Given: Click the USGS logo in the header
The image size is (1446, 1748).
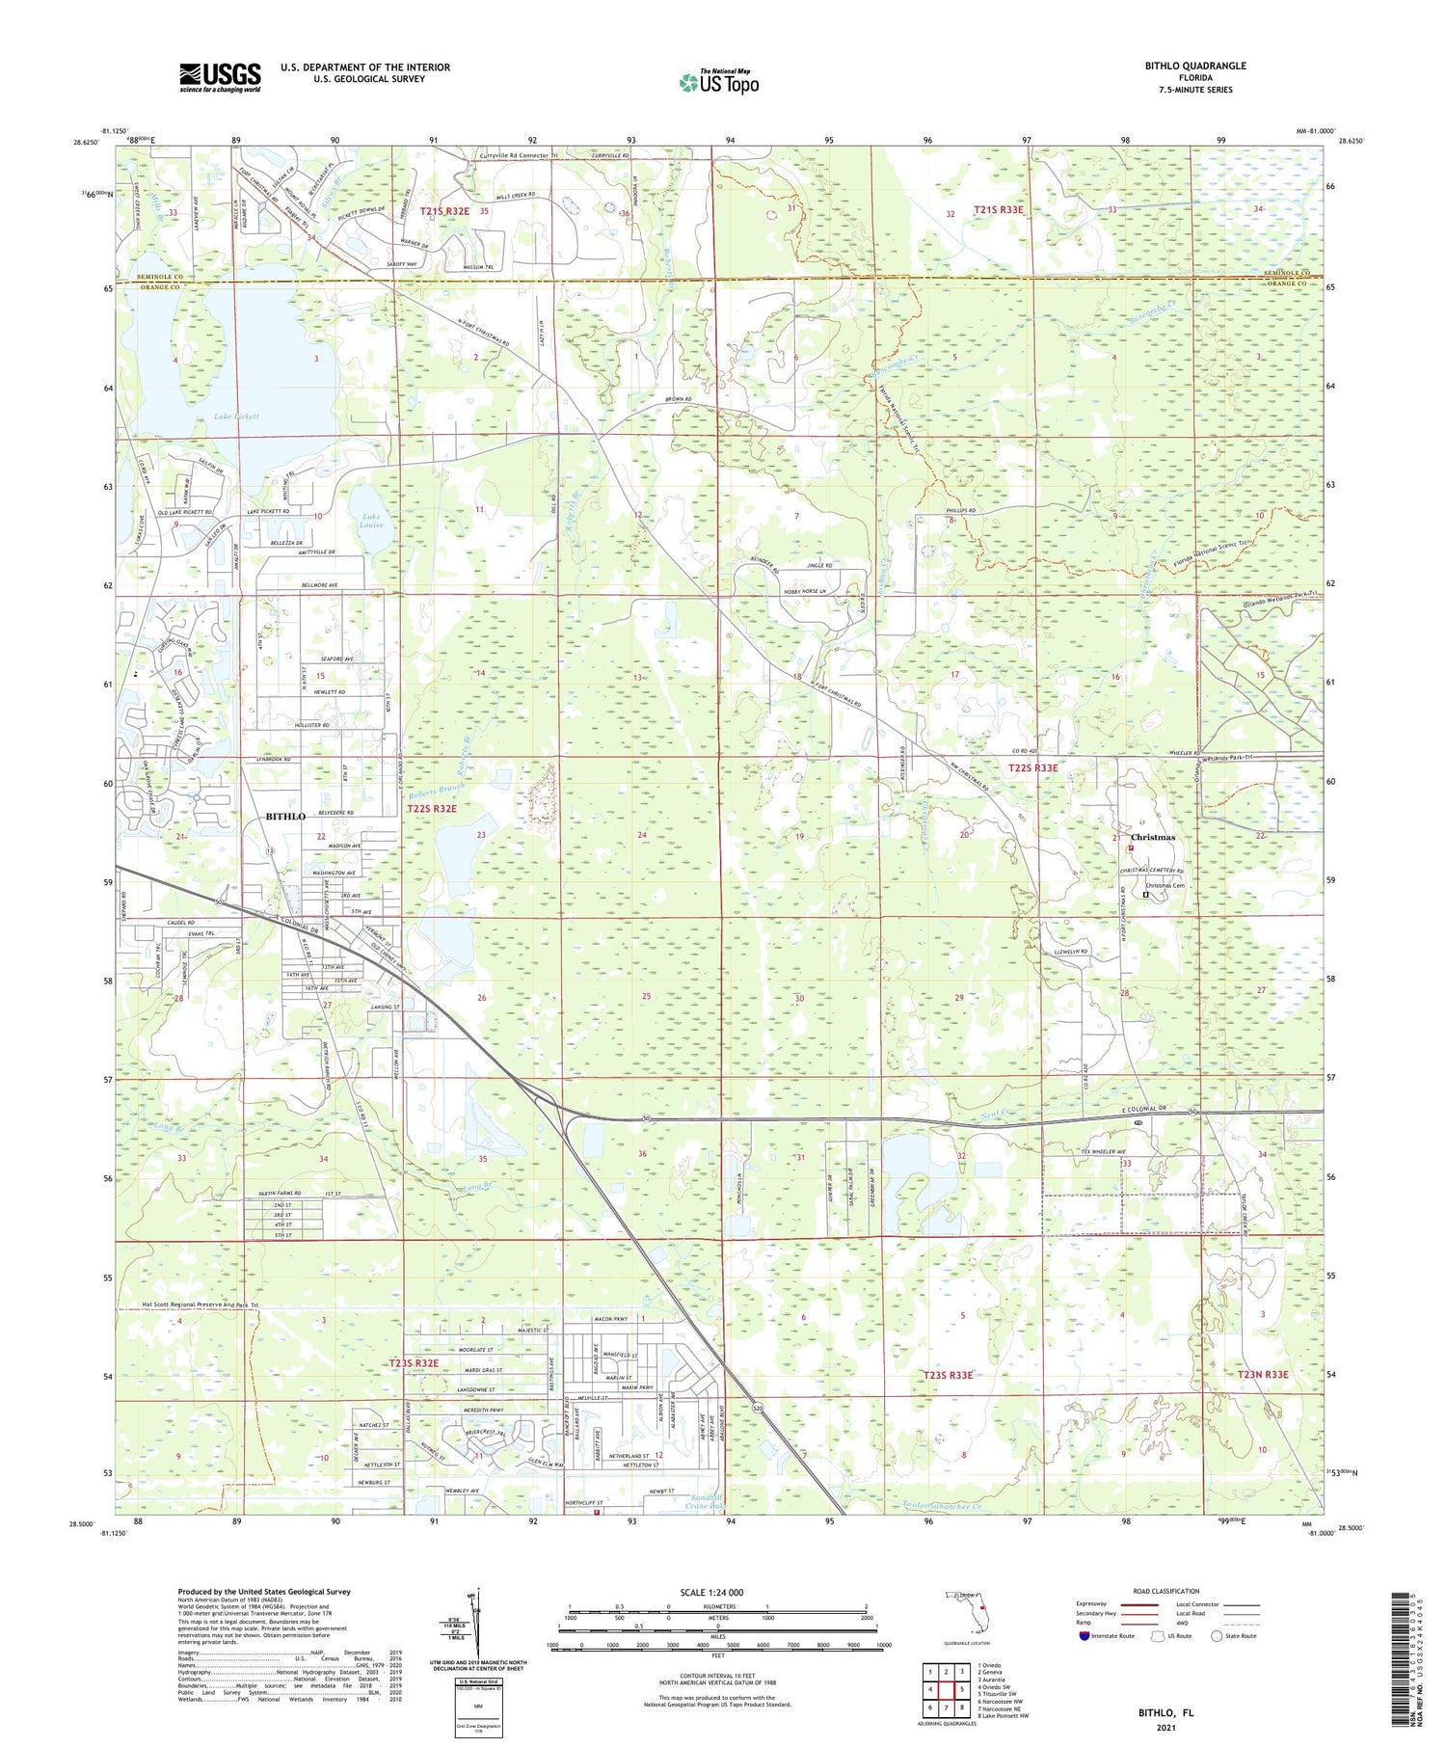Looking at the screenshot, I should (x=219, y=77).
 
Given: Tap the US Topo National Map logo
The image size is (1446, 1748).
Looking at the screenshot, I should (x=718, y=82).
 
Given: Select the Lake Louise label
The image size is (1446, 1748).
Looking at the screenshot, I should (x=371, y=522).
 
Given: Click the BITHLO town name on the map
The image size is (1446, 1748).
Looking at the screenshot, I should (x=285, y=817).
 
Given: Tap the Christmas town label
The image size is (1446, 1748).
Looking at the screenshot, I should (x=1153, y=837).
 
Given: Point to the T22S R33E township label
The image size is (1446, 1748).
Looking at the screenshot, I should (x=1032, y=767).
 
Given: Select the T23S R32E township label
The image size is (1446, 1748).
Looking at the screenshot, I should (x=414, y=1363).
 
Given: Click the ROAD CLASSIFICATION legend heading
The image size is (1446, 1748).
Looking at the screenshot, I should (x=1166, y=1591).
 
